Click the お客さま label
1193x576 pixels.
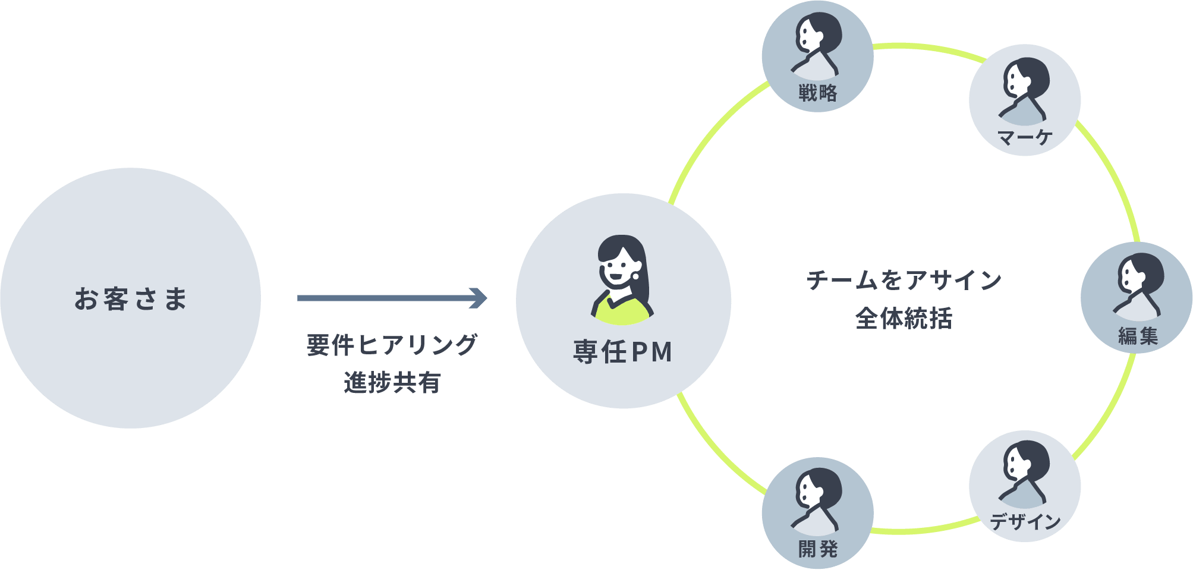131,298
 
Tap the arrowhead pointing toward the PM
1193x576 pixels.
479,298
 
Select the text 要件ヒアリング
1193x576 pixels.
392,345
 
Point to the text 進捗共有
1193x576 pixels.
392,382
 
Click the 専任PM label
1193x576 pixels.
623,351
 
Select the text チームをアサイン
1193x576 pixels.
904,280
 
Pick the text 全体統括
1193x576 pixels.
904,318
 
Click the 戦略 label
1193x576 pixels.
818,93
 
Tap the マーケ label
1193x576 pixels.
1025,138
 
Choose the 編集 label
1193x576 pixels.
1138,336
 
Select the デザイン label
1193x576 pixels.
1025,521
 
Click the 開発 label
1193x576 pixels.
818,548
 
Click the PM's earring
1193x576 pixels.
636,276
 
